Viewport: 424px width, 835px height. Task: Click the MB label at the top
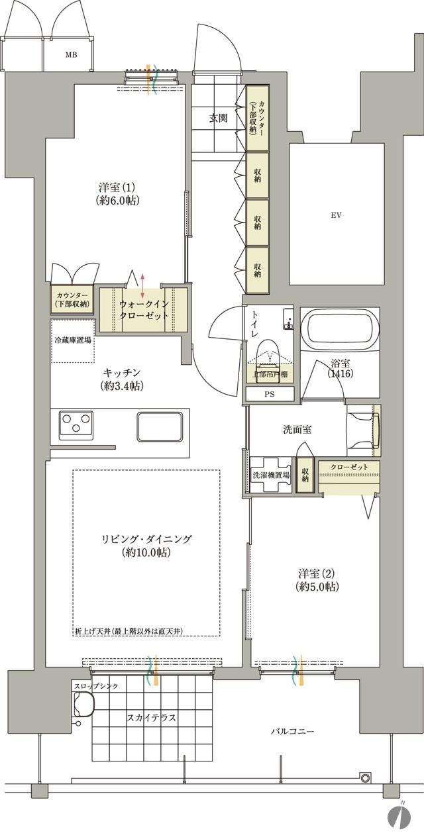point(71,54)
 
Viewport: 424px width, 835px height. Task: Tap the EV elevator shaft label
point(337,215)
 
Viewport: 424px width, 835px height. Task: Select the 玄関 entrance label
point(219,119)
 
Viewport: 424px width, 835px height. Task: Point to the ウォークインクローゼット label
point(144,310)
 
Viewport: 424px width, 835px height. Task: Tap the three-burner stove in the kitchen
point(78,424)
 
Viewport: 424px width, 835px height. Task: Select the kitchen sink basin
point(160,424)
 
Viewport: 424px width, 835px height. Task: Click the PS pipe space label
point(270,393)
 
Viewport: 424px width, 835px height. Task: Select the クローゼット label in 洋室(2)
point(348,467)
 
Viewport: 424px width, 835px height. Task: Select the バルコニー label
point(292,732)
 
